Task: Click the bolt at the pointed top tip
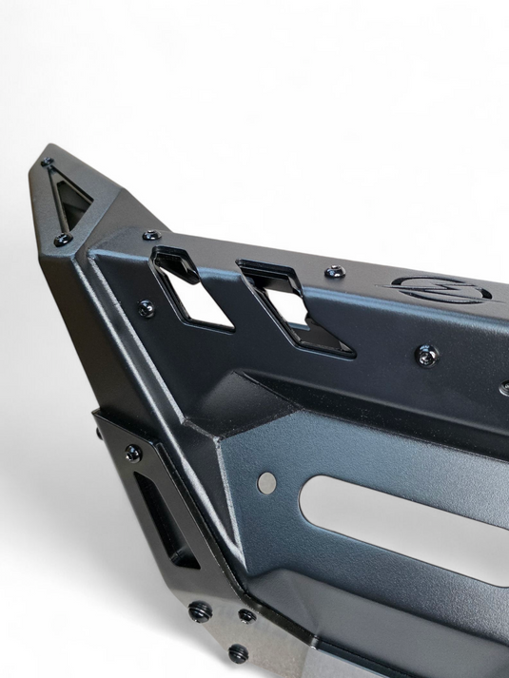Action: [48, 163]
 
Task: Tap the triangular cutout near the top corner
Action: [72, 199]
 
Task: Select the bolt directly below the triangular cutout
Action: [62, 241]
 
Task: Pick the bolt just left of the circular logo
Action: [335, 273]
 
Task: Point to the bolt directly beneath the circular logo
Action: [427, 355]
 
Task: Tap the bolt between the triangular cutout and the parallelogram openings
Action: [151, 235]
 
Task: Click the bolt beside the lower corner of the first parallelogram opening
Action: [146, 308]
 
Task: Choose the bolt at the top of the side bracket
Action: [133, 453]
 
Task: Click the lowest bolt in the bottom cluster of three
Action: [238, 654]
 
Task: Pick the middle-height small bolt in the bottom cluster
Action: [247, 616]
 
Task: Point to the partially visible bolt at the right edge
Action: [504, 388]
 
